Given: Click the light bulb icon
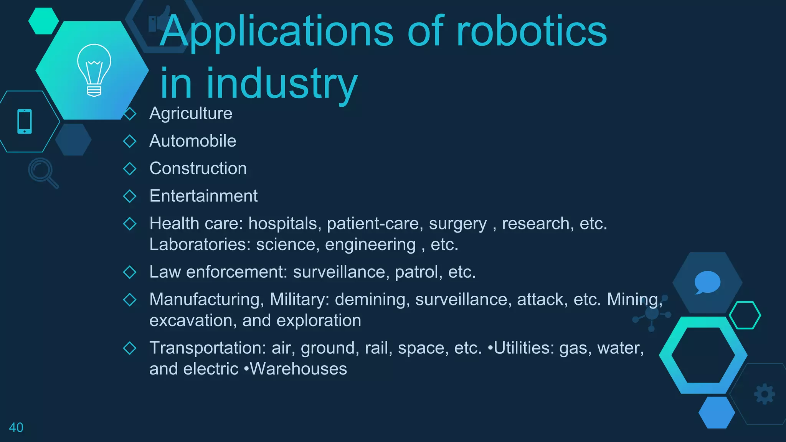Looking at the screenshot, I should coord(94,70).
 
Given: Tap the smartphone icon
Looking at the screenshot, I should coord(25,122).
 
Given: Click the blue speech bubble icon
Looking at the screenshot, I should coord(707,282).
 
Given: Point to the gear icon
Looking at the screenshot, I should coord(765,394).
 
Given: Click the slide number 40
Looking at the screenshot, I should coord(16,427).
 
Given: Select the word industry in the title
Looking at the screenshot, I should coord(282,84).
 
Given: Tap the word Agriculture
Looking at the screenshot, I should coord(191,114).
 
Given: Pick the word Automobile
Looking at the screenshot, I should coord(193,141).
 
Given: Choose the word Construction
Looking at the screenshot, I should coord(198,168).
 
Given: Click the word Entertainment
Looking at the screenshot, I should coord(203,196).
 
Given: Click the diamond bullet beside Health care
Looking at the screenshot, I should coord(130,224).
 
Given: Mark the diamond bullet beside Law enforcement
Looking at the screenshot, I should coord(130,272).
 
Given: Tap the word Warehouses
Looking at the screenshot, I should coord(298,369).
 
